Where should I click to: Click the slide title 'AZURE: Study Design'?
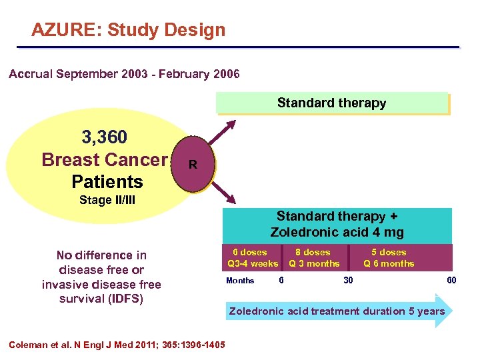tap(129, 30)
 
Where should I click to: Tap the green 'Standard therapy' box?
tap(331, 103)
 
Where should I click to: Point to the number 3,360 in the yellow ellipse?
tap(104, 138)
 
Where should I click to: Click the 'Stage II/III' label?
tap(107, 200)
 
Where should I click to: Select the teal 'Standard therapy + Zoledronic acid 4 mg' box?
tap(337, 224)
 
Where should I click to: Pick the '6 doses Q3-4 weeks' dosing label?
tap(252, 258)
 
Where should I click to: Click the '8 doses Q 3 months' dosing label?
tap(313, 258)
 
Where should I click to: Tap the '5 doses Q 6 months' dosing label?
tap(389, 258)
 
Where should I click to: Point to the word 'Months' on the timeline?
tap(240, 281)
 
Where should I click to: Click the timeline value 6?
tap(281, 281)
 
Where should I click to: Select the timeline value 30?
tap(348, 281)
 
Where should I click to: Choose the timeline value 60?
tap(451, 281)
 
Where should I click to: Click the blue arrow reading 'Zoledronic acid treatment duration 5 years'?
tap(337, 311)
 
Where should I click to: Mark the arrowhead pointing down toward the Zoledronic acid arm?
tap(230, 198)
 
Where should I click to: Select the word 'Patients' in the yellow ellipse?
tap(107, 181)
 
